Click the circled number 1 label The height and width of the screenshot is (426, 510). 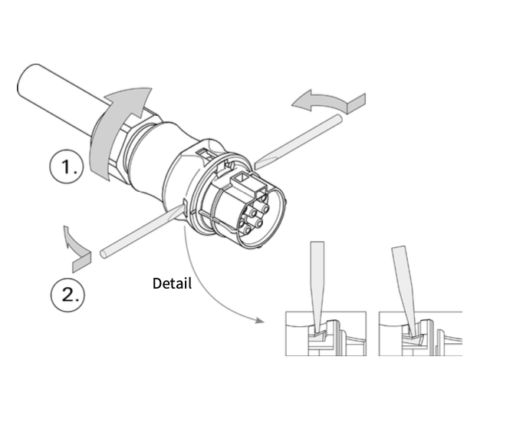coord(67,167)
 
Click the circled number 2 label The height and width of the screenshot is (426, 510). coord(67,295)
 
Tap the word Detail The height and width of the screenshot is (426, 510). coord(172,283)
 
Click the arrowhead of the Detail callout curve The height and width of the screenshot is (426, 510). coord(259,321)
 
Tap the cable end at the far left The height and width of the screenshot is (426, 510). coord(25,81)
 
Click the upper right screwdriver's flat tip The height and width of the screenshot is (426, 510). coord(257,165)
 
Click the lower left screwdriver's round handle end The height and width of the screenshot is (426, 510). coord(104,253)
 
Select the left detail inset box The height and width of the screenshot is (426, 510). coord(326,334)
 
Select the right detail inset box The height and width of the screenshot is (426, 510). coord(420,334)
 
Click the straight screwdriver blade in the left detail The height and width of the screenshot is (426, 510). coord(318,286)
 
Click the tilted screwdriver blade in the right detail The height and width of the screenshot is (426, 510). coord(404,289)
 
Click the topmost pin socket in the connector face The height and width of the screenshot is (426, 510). coord(262,198)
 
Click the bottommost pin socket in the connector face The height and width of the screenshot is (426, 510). coord(247,231)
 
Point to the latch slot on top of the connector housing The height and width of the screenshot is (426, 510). coord(206,153)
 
